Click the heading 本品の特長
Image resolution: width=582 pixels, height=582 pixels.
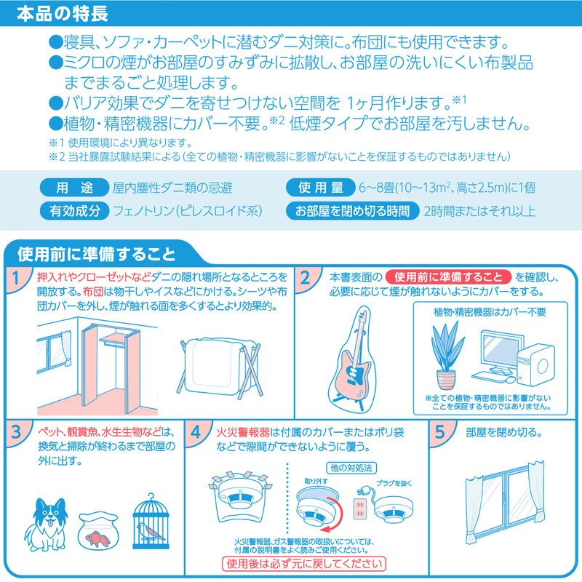pyautogui.click(x=63, y=13)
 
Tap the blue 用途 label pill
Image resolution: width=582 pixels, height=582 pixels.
pyautogui.click(x=74, y=188)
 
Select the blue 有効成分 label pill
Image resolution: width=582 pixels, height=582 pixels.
pyautogui.click(x=74, y=211)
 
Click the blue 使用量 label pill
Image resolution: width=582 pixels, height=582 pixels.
pyautogui.click(x=321, y=188)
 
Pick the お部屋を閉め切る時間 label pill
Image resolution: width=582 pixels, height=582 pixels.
pyautogui.click(x=352, y=211)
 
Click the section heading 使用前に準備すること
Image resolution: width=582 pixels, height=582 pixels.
pyautogui.click(x=96, y=254)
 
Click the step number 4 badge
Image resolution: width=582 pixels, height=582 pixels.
pyautogui.click(x=195, y=432)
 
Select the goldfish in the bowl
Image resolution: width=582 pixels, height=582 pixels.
pyautogui.click(x=97, y=539)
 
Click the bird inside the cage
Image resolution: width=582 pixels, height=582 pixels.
pyautogui.click(x=150, y=531)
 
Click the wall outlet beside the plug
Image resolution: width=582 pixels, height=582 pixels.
pyautogui.click(x=359, y=509)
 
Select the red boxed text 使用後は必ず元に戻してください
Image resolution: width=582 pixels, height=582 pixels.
pyautogui.click(x=304, y=564)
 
